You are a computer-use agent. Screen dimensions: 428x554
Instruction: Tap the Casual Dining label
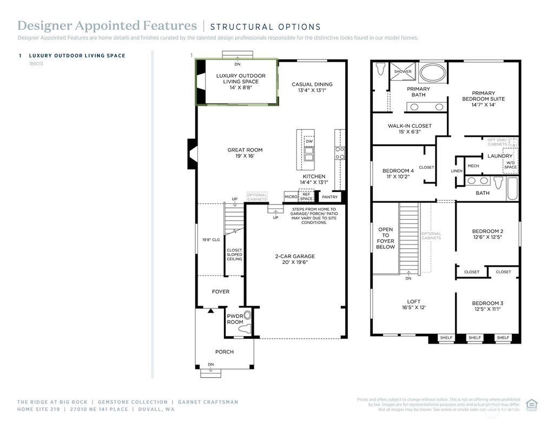[312, 84]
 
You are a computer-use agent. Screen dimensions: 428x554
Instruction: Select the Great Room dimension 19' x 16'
[245, 156]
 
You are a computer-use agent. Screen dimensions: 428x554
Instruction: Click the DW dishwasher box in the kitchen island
[309, 142]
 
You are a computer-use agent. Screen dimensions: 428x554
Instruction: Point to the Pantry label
[329, 197]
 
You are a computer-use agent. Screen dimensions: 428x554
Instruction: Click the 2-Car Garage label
[295, 256]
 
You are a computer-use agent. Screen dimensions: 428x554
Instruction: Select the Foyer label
[220, 292]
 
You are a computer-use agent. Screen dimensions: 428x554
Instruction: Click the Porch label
[224, 352]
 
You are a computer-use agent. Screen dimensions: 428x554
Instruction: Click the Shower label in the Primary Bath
[403, 71]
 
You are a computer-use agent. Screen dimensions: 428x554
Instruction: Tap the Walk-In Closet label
[409, 126]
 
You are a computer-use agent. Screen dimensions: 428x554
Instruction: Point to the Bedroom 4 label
[398, 171]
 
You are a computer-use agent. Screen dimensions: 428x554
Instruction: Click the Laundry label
[499, 156]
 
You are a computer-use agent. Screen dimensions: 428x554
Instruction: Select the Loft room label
[413, 302]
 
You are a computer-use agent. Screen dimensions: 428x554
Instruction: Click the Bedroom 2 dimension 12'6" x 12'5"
[487, 237]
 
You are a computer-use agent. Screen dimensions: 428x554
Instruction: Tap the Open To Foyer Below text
[385, 238]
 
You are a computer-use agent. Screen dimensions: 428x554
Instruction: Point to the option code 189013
[36, 63]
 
